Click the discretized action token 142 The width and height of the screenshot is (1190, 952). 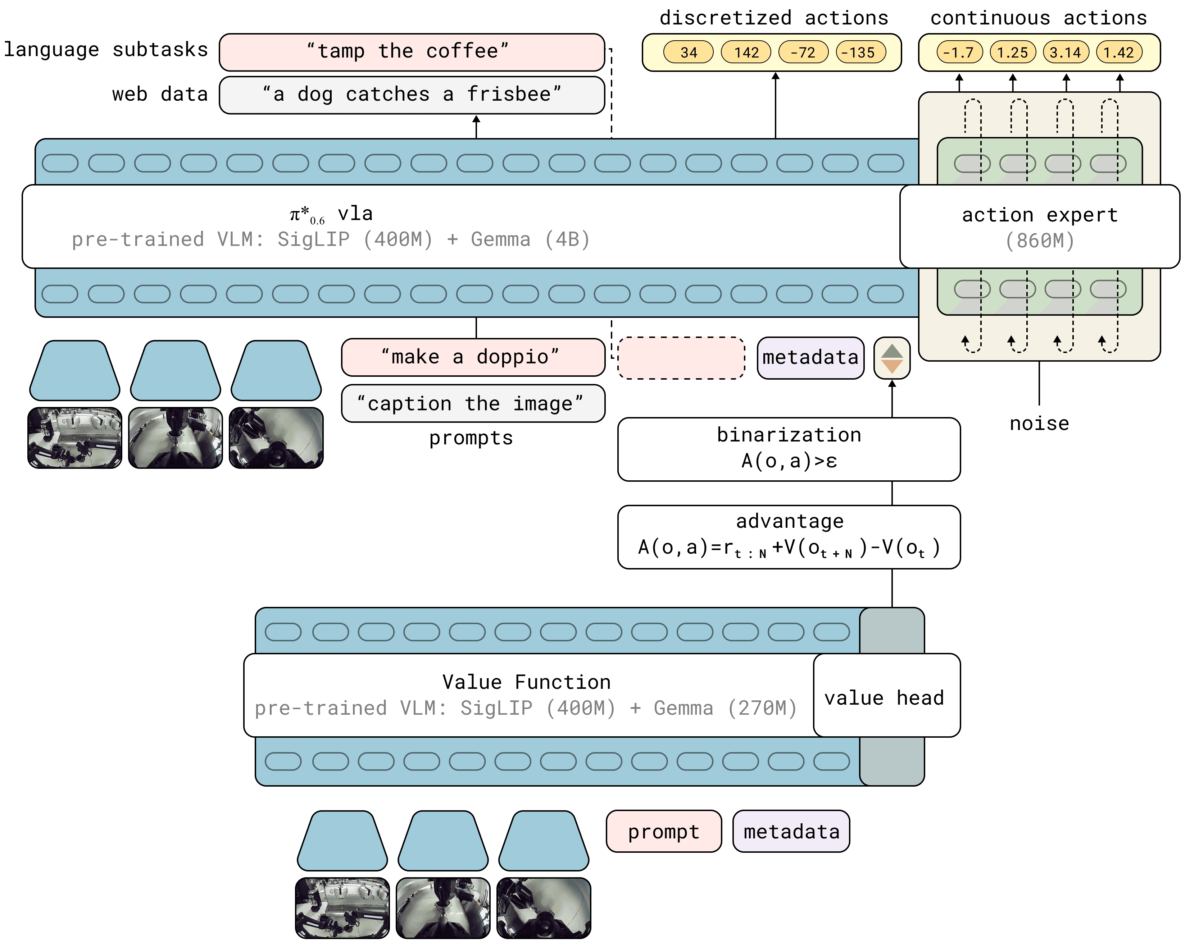click(x=746, y=52)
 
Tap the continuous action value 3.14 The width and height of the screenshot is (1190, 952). click(x=1065, y=52)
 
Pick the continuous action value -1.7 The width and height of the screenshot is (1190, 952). click(x=959, y=52)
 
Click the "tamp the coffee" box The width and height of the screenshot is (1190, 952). click(x=412, y=52)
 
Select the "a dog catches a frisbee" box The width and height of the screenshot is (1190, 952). click(x=412, y=95)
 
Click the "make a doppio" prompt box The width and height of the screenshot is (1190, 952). click(x=472, y=357)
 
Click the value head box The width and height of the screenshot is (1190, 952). click(x=886, y=696)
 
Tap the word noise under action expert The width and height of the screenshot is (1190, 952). click(x=1039, y=424)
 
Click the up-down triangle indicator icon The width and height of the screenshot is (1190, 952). click(x=891, y=358)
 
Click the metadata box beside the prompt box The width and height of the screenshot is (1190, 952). click(x=790, y=831)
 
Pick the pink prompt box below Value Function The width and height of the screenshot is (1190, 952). click(x=663, y=831)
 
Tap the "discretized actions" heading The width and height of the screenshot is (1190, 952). click(x=773, y=18)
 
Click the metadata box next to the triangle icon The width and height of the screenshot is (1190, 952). click(x=810, y=358)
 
